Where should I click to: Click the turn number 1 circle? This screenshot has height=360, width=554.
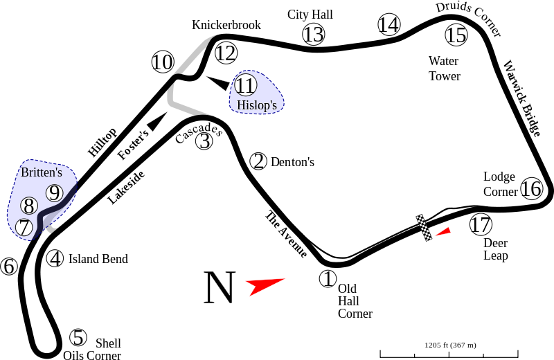[327, 280]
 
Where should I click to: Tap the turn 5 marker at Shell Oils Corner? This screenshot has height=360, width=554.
[79, 338]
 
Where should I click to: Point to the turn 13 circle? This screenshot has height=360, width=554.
[313, 34]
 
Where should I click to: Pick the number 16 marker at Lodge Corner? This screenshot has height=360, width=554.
[531, 188]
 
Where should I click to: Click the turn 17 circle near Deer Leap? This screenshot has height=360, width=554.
[480, 224]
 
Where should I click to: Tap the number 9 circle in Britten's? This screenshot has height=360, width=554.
[55, 193]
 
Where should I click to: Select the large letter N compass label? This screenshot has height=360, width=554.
[220, 288]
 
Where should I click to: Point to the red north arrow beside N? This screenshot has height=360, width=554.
[266, 285]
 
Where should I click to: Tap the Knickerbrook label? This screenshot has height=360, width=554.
[226, 25]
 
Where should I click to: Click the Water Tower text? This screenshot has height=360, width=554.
[444, 69]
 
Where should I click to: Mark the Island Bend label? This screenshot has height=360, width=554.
[97, 259]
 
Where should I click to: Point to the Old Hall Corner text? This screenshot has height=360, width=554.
[355, 300]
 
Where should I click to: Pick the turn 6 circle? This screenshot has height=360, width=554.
[9, 267]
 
